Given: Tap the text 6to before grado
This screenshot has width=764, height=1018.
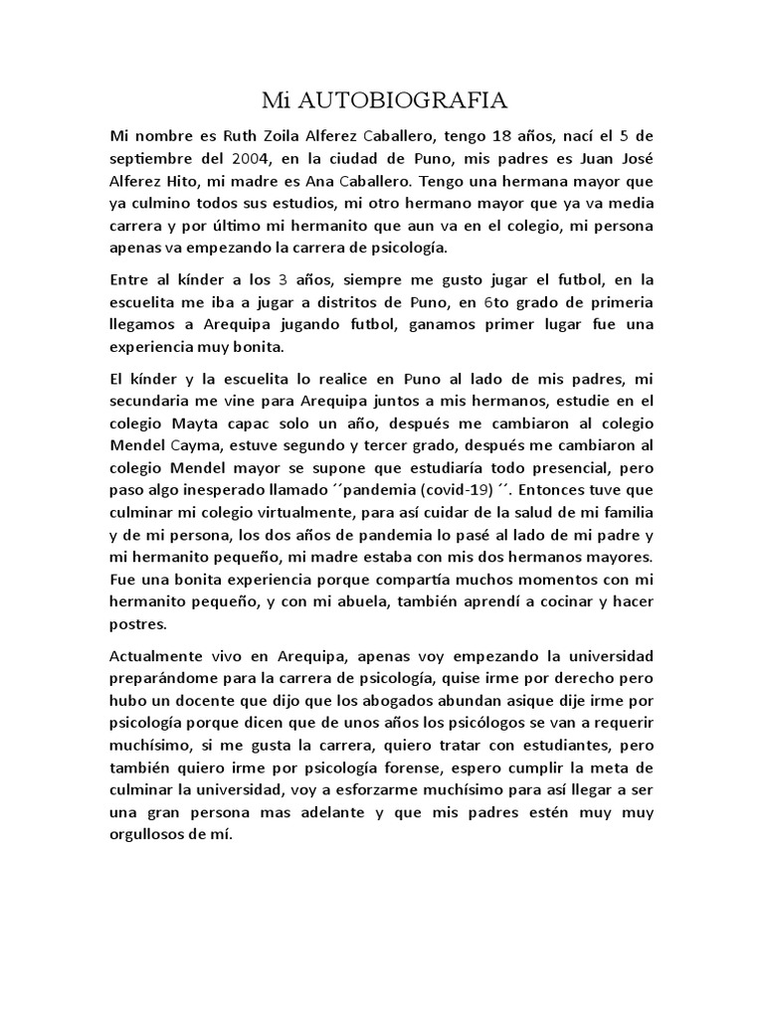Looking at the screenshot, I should click(x=473, y=302).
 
